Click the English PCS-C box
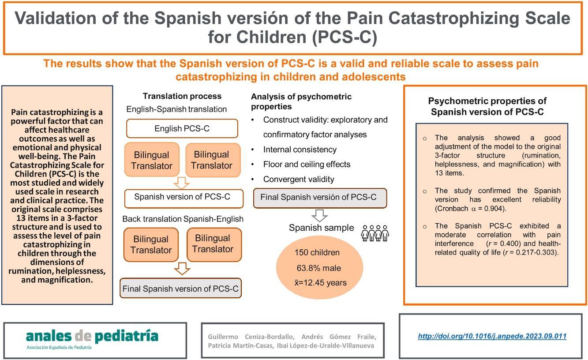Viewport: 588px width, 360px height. [x=182, y=129]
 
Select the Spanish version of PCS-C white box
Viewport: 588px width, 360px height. [x=182, y=197]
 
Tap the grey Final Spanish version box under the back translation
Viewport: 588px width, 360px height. [x=180, y=289]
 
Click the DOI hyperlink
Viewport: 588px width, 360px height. [x=492, y=336]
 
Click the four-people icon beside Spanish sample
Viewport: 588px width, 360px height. [x=375, y=232]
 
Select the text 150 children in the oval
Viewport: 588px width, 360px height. [x=317, y=253]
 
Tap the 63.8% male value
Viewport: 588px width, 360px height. [x=319, y=268]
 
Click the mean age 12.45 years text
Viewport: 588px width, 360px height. [x=321, y=282]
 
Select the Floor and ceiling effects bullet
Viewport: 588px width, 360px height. [x=307, y=164]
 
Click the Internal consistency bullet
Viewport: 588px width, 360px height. [x=300, y=150]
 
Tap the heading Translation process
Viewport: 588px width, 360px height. [x=182, y=96]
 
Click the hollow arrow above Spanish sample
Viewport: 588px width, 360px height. [x=319, y=215]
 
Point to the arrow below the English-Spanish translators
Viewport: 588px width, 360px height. [x=182, y=182]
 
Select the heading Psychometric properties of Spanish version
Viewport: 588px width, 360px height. [x=494, y=106]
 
